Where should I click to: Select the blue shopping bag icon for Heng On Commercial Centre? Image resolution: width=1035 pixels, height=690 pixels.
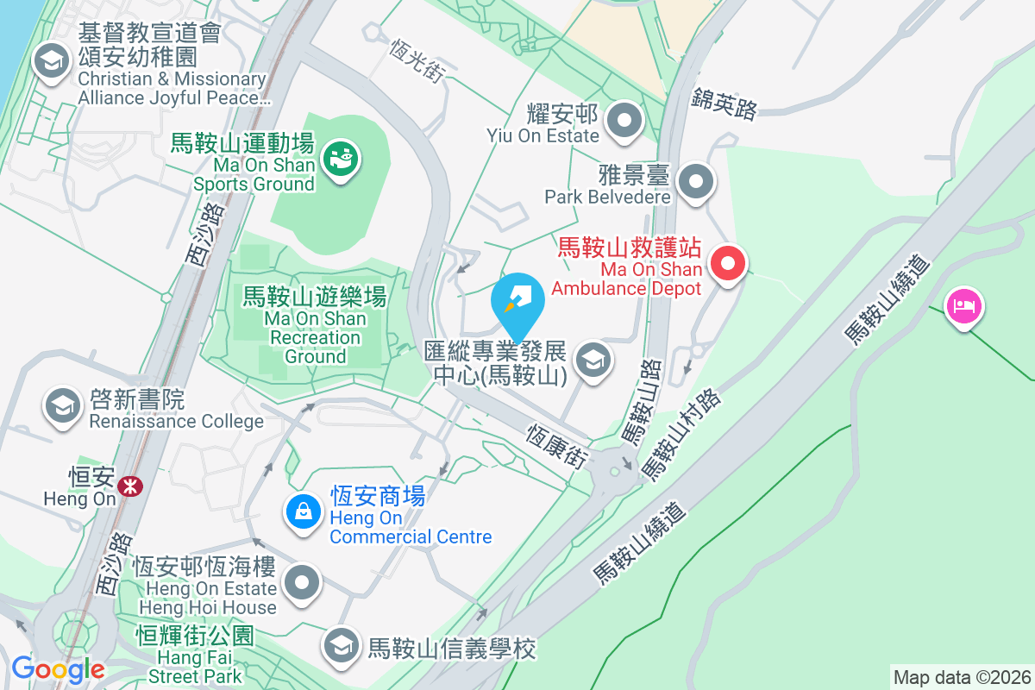(304, 512)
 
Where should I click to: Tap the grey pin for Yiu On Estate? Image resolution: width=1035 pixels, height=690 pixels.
(625, 122)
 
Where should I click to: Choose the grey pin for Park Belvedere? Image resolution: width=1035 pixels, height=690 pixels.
(696, 182)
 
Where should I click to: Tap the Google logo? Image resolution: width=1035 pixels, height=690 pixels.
(58, 668)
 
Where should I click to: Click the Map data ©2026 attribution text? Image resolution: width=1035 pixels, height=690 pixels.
(962, 677)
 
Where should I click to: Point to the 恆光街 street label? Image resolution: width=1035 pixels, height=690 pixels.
(417, 61)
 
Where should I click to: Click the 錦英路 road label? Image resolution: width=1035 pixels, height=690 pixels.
(724, 106)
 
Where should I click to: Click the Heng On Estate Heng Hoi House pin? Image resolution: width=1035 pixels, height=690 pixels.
(303, 583)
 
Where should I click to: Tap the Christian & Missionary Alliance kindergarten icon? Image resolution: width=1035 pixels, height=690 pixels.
(51, 62)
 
